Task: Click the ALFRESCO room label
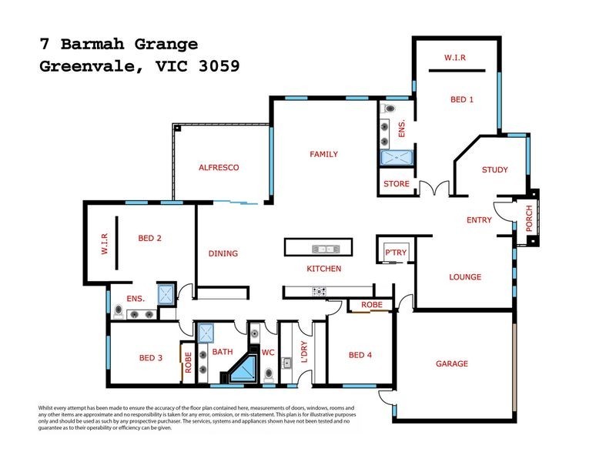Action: click(x=219, y=167)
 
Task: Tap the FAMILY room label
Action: click(x=323, y=154)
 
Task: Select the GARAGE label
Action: click(x=451, y=363)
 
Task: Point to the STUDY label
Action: click(x=494, y=169)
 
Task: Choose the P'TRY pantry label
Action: click(x=395, y=253)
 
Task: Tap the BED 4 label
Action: click(x=360, y=355)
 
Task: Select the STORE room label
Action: click(x=397, y=183)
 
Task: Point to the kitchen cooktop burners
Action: click(x=318, y=290)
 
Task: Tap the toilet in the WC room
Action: click(x=268, y=374)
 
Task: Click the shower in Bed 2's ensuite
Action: click(x=166, y=293)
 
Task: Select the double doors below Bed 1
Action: click(x=433, y=188)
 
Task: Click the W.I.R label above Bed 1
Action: click(x=456, y=58)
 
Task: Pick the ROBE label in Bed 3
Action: click(x=187, y=362)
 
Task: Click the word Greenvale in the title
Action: click(x=85, y=66)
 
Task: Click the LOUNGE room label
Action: click(x=465, y=276)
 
